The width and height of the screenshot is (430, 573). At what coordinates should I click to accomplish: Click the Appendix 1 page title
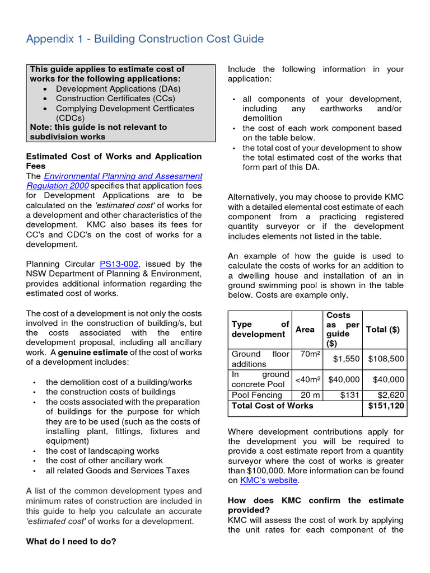[145, 39]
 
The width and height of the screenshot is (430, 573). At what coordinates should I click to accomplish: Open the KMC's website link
[269, 480]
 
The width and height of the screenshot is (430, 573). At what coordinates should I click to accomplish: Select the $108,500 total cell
[386, 359]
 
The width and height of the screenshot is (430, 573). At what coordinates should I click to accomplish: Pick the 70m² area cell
[310, 354]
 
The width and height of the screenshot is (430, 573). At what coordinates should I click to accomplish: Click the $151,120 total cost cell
[386, 406]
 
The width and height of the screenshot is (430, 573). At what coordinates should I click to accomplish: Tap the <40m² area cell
[308, 379]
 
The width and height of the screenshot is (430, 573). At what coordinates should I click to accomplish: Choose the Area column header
[305, 330]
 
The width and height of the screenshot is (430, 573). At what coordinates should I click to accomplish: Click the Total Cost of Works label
[272, 406]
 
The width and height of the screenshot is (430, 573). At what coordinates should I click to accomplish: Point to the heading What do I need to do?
[71, 541]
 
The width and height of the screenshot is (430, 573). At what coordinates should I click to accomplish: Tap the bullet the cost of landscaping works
[102, 450]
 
